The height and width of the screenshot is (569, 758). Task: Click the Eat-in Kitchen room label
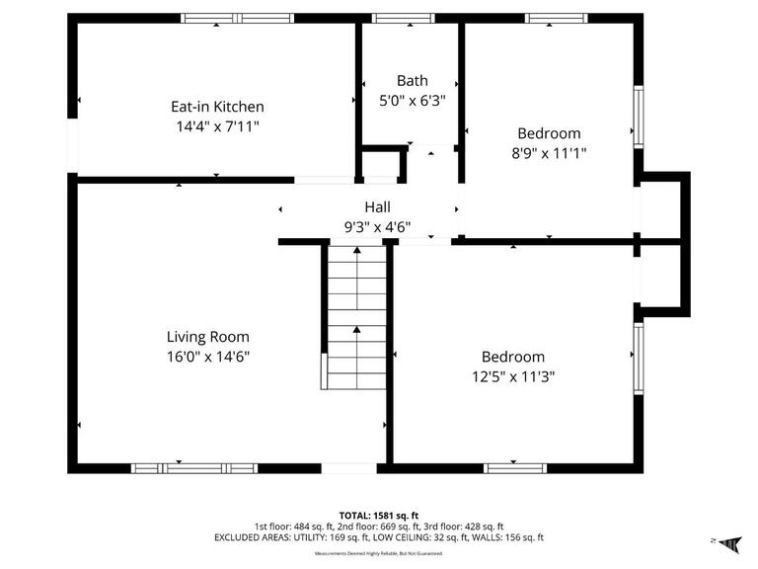(217, 107)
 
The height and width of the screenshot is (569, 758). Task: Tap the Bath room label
(413, 81)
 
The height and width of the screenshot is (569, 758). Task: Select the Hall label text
(377, 207)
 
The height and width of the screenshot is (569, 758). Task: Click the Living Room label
(207, 337)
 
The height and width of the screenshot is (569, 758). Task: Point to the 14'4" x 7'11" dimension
(217, 126)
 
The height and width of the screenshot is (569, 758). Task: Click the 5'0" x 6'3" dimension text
(413, 100)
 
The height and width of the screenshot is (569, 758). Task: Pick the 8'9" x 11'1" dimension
(549, 153)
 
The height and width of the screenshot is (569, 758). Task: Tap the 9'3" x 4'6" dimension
(377, 227)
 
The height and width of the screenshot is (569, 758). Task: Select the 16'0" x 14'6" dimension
(207, 357)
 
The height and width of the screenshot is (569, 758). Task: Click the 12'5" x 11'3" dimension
(512, 376)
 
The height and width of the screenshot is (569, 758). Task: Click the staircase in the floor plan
(356, 316)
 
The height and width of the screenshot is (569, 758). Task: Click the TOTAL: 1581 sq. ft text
(379, 515)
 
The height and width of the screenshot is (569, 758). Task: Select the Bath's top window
(404, 18)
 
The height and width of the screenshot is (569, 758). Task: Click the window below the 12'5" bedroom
(514, 467)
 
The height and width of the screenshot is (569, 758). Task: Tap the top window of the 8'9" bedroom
(556, 18)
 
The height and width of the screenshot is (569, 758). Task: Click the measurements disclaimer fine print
(379, 553)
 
